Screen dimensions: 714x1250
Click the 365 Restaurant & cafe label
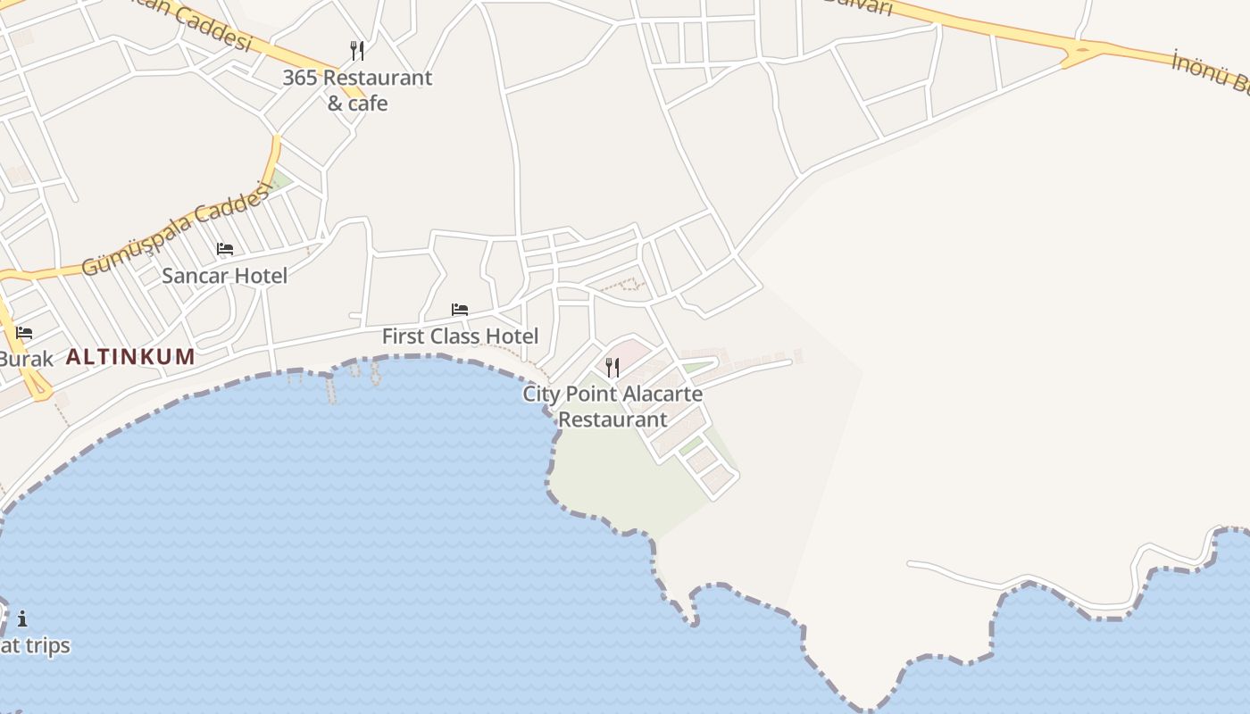[x=357, y=90]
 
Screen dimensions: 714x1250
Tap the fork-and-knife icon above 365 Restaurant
[x=357, y=50]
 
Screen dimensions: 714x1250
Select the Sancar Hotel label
[x=225, y=276]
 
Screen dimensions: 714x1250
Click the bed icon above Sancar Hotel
[x=225, y=249]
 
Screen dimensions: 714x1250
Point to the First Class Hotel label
[x=460, y=336]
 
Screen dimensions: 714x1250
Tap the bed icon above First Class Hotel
[x=460, y=310]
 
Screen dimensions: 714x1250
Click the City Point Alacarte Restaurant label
[x=612, y=406]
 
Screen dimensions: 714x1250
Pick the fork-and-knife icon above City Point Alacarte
[x=612, y=367]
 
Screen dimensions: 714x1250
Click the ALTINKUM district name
[x=130, y=357]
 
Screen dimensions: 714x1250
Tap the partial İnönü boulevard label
[x=1211, y=72]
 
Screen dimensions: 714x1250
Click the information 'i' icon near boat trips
[x=22, y=618]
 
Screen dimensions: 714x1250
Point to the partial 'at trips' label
[x=35, y=645]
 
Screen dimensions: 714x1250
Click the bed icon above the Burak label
[x=24, y=333]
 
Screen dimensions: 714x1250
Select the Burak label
[x=26, y=359]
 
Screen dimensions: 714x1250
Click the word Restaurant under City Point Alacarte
[x=612, y=419]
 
